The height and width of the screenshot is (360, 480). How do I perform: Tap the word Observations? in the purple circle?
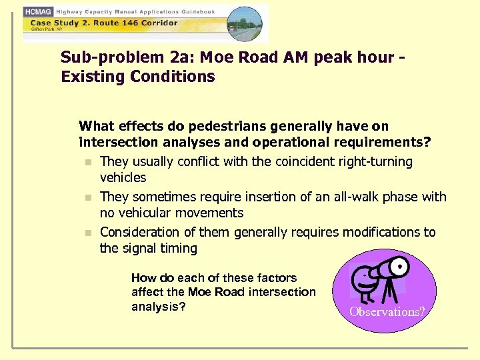[387, 311]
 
